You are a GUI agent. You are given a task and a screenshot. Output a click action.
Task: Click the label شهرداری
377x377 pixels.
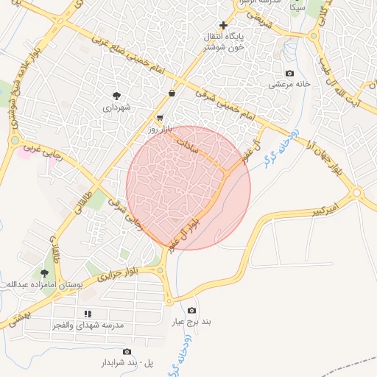[x=116, y=108]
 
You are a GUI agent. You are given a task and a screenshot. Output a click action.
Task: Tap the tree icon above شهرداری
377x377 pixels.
[x=116, y=96]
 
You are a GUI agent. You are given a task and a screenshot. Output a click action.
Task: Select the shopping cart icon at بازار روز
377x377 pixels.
[x=160, y=118]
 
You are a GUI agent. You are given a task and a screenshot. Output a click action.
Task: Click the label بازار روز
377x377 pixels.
[x=159, y=129]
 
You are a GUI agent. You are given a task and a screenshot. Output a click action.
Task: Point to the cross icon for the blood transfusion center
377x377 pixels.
[x=223, y=25]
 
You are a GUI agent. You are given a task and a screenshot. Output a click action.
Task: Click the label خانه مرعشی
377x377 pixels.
[x=289, y=85]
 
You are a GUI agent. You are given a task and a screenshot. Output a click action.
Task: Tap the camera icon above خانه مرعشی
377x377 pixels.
[x=289, y=74]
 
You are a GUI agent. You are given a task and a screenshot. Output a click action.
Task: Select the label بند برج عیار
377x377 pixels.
[x=192, y=323]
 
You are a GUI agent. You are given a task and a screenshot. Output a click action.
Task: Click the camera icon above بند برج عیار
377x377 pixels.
[x=192, y=311]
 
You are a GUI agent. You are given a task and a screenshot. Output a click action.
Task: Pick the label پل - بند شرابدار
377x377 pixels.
[x=127, y=363]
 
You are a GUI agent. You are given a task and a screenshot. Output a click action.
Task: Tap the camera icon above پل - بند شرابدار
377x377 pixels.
[x=127, y=352]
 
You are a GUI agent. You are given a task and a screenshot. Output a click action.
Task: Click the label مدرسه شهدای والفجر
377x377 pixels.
[x=89, y=325]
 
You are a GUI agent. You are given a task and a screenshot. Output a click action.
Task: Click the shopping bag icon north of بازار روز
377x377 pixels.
[x=172, y=94]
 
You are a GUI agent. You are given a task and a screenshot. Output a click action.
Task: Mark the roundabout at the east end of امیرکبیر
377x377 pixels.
[x=357, y=193]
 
